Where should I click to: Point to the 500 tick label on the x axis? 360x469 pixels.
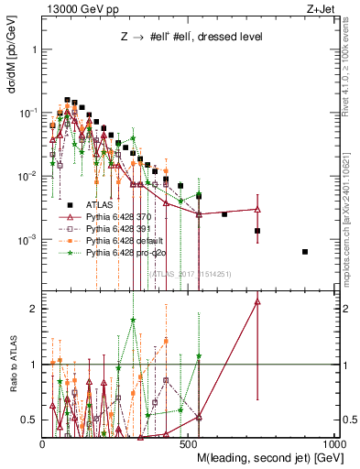[189, 443]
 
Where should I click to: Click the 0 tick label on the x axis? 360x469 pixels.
[43, 443]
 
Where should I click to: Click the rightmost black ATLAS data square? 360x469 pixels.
[305, 252]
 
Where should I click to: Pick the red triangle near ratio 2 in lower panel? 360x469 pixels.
[257, 300]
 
